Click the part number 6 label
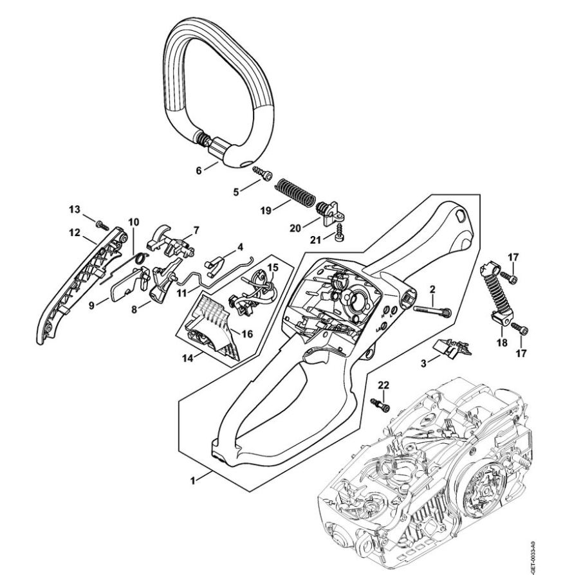tap(199, 170)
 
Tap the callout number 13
tap(76, 210)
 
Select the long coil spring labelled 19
tap(294, 192)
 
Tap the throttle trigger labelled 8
tap(160, 287)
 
